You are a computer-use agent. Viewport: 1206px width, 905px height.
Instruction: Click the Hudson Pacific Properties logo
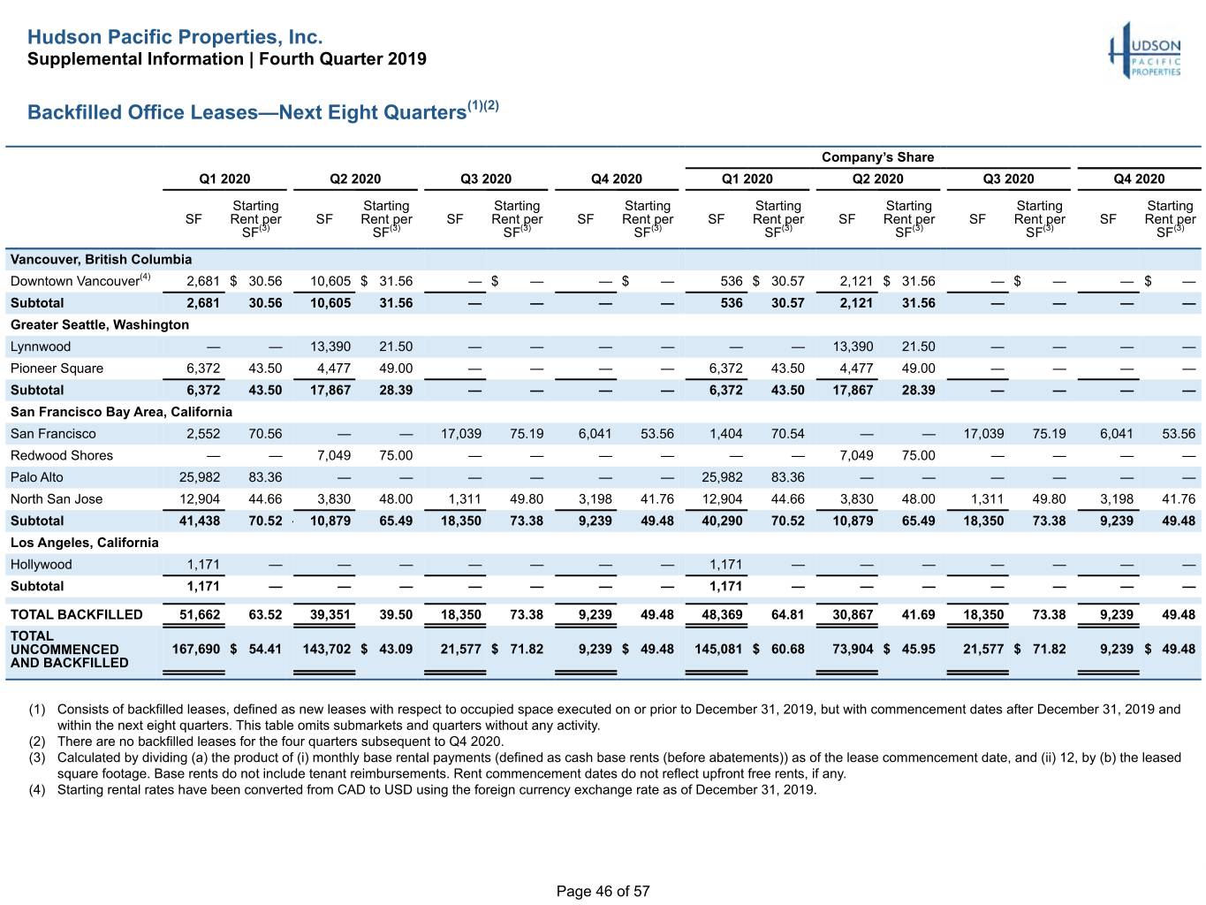pyautogui.click(x=1145, y=50)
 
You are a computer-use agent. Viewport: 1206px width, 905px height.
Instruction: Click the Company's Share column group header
pyautogui.click(x=877, y=157)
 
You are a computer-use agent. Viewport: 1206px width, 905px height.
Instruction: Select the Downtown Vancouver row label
pyautogui.click(x=80, y=281)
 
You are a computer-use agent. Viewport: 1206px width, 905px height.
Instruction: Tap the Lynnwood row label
pyautogui.click(x=41, y=346)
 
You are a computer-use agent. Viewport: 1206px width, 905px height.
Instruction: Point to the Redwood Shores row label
pyautogui.click(x=62, y=455)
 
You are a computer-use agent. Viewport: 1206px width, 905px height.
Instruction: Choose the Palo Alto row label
pyautogui.click(x=37, y=477)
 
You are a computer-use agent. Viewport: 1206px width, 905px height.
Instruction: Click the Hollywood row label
pyautogui.click(x=42, y=565)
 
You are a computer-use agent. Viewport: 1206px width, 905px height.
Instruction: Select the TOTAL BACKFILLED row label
pyautogui.click(x=76, y=614)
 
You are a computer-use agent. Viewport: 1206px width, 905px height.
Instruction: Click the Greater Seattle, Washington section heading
pyautogui.click(x=100, y=324)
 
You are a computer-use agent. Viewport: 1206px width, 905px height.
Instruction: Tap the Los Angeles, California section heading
pyautogui.click(x=85, y=543)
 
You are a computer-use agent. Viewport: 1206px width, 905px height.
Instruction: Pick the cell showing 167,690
pyautogui.click(x=195, y=649)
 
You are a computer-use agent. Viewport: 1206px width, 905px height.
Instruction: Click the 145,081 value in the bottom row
pyautogui.click(x=718, y=649)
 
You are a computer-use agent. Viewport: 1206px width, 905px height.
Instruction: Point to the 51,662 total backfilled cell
pyautogui.click(x=200, y=614)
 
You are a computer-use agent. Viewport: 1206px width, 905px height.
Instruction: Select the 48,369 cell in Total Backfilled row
pyautogui.click(x=722, y=614)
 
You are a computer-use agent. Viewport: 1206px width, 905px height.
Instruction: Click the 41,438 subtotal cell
pyautogui.click(x=200, y=521)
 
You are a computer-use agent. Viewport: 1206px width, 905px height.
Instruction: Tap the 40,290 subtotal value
pyautogui.click(x=722, y=521)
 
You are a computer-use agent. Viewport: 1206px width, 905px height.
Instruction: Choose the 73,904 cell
pyautogui.click(x=853, y=649)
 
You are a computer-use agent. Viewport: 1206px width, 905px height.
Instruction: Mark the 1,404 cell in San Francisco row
pyautogui.click(x=725, y=434)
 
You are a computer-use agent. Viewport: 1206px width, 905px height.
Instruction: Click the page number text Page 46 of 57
pyautogui.click(x=603, y=891)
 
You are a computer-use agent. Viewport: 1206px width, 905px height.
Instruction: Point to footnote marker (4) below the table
pyautogui.click(x=37, y=789)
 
